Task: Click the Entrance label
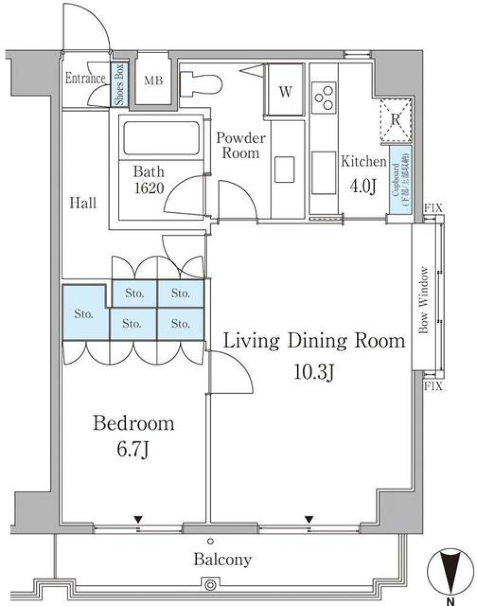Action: point(85,78)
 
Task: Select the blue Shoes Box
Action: point(119,84)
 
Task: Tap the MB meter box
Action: point(154,80)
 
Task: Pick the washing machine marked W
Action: point(284,92)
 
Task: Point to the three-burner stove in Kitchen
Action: point(323,97)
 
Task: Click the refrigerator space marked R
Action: point(396,120)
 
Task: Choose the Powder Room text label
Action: point(240,146)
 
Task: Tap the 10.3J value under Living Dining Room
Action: point(313,373)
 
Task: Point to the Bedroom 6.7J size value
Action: point(133,451)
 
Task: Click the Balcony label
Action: point(223,560)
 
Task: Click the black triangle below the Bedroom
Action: point(138,520)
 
